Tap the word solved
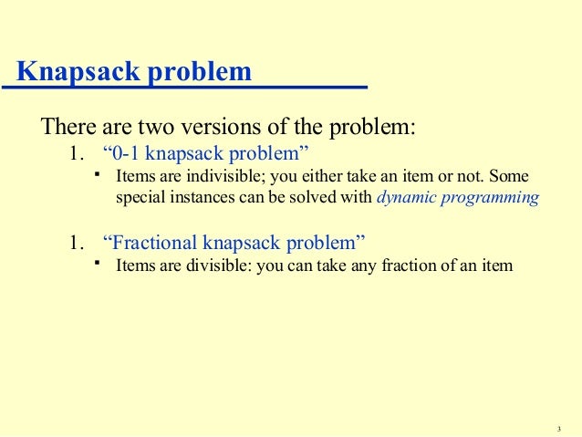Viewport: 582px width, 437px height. (307, 197)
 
